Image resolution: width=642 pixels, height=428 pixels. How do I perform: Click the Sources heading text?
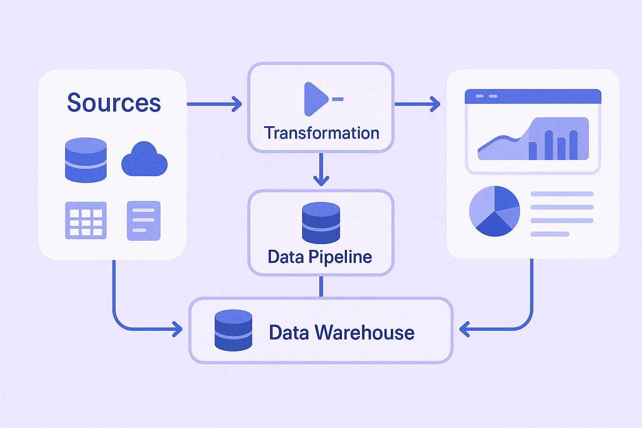coord(114,103)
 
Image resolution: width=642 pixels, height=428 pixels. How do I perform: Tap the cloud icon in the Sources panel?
coord(144,160)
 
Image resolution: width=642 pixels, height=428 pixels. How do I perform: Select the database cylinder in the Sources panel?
coord(86,160)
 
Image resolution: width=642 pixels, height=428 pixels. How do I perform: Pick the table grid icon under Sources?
coord(86,220)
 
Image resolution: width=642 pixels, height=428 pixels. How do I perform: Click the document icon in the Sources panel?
coord(143,220)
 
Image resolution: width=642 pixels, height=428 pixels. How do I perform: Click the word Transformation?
coord(321,133)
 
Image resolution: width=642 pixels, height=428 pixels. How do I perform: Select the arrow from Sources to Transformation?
coord(214,104)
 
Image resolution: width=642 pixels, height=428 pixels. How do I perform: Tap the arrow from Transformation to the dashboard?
coord(417,104)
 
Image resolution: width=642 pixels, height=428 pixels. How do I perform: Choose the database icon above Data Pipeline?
coord(321,223)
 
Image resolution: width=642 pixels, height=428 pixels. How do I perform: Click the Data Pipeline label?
coord(320,257)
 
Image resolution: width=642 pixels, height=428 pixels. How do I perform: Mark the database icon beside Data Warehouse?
coord(233,330)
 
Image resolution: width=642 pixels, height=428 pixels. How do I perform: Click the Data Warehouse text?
coord(341,333)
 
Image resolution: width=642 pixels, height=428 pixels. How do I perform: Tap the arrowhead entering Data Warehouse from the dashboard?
coord(464,329)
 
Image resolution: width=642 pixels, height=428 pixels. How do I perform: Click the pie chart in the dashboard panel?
coord(494,211)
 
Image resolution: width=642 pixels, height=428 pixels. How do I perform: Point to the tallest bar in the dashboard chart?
coord(549,145)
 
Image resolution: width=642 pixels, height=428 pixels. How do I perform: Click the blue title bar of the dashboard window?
coord(533,96)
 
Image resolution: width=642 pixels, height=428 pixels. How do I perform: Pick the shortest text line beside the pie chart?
coord(550,234)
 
